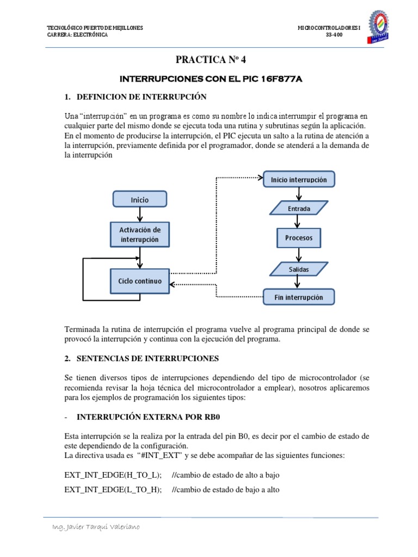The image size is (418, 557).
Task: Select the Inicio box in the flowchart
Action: coord(139,200)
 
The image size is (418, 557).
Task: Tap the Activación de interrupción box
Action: coord(139,234)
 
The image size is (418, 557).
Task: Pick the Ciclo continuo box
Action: coord(139,281)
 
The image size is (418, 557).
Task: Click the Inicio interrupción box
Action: coord(299,179)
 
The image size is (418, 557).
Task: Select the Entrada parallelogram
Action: coord(299,208)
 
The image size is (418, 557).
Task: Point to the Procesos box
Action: coord(299,238)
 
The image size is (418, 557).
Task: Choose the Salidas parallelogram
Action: coord(299,268)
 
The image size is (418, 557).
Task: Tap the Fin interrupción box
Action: coord(299,297)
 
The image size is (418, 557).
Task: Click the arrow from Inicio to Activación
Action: coord(140,214)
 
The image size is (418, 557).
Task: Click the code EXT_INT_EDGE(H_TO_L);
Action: coord(113,475)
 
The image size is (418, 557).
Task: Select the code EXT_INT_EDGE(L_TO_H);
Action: coord(113,490)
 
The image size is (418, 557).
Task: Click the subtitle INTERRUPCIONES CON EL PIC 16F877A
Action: coord(211,79)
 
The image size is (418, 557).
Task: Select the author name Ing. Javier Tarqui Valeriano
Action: coord(95,527)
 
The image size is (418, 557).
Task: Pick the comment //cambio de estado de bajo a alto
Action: coord(225,490)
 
